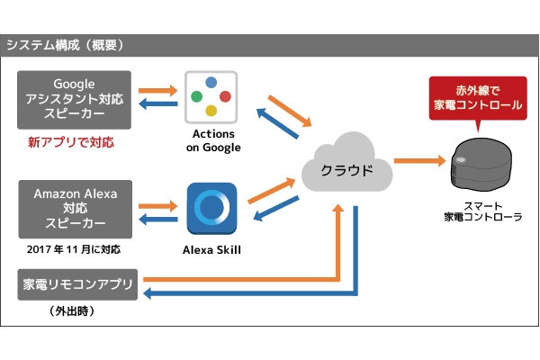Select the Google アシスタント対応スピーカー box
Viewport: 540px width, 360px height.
pyautogui.click(x=74, y=99)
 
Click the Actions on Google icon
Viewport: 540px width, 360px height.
pyautogui.click(x=211, y=97)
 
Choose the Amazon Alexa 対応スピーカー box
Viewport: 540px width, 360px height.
pyautogui.click(x=74, y=207)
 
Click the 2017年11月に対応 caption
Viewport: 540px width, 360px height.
pyautogui.click(x=74, y=248)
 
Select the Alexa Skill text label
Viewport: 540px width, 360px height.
pyautogui.click(x=212, y=249)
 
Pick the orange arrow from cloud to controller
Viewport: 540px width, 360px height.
pyautogui.click(x=419, y=159)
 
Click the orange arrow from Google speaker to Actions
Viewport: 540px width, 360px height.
pyautogui.click(x=158, y=91)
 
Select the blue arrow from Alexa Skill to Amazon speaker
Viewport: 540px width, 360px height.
pyautogui.click(x=158, y=215)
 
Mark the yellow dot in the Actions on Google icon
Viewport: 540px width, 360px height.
pyautogui.click(x=211, y=111)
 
